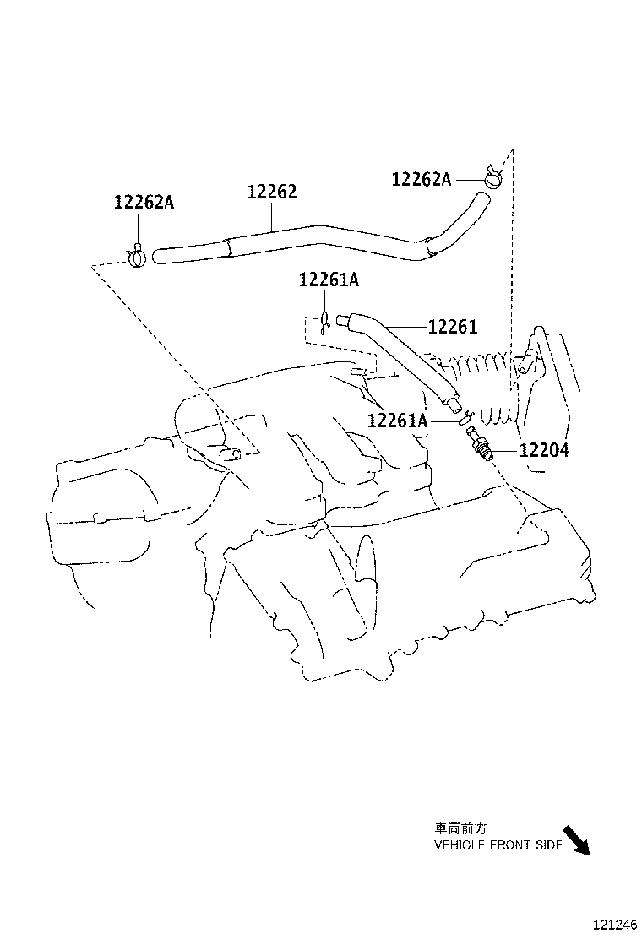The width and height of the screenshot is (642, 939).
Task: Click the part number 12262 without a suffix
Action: (x=271, y=193)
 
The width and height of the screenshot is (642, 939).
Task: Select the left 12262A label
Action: (x=144, y=203)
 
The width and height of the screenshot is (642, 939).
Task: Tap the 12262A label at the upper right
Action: (x=421, y=179)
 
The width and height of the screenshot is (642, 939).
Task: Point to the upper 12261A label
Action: (x=328, y=280)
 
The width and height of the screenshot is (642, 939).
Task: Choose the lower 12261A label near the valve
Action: (x=397, y=420)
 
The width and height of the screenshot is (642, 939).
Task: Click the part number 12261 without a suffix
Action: (x=453, y=327)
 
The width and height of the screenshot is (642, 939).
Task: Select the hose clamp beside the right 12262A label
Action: (x=492, y=177)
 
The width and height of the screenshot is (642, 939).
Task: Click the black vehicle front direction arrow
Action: (x=576, y=839)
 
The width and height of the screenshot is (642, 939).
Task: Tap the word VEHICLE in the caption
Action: (x=460, y=845)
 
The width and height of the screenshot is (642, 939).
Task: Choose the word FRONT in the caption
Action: (x=510, y=845)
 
